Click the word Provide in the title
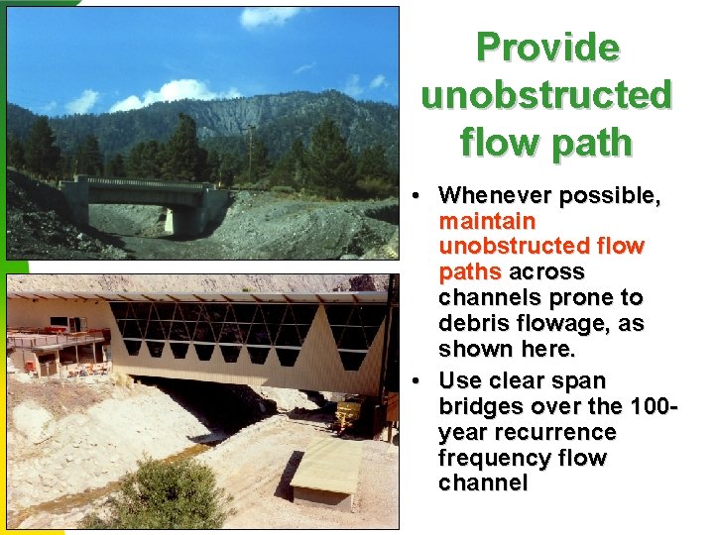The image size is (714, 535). point(547,48)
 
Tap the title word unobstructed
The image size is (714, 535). point(547,95)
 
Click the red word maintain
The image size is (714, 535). point(487,221)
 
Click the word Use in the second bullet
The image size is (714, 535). point(460,381)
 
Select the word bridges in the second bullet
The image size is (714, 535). point(483,407)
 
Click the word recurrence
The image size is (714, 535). point(556,433)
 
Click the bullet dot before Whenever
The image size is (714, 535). point(421,196)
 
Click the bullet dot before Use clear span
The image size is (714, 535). point(421,381)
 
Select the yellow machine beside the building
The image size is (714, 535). point(351,413)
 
